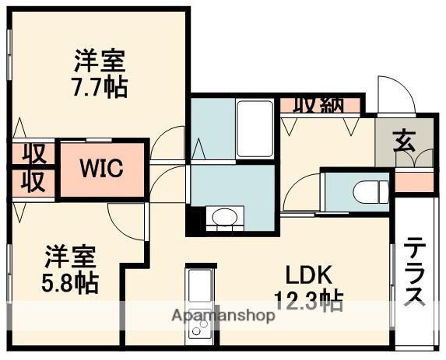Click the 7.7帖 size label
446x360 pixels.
coord(100,85)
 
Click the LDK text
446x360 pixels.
coord(309,275)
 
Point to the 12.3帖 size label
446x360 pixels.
coord(309,299)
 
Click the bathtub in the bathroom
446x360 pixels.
coord(255,127)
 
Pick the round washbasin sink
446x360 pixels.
coord(224,218)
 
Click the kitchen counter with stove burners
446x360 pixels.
coord(201,308)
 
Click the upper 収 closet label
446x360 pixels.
coord(33,153)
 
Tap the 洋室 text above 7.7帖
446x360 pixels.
coord(100,60)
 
